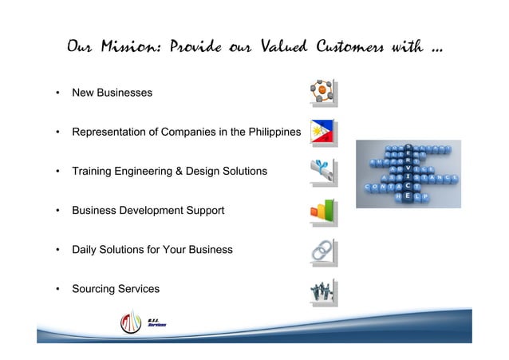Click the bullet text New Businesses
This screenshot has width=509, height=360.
click(112, 93)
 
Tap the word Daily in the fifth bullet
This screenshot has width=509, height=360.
click(85, 250)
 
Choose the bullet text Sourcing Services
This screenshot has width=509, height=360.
click(116, 289)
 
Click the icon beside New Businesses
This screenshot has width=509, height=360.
click(323, 93)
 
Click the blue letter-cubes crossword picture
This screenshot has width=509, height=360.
click(408, 173)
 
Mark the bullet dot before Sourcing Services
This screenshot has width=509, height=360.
click(57, 289)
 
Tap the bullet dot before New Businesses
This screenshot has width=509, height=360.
click(57, 93)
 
